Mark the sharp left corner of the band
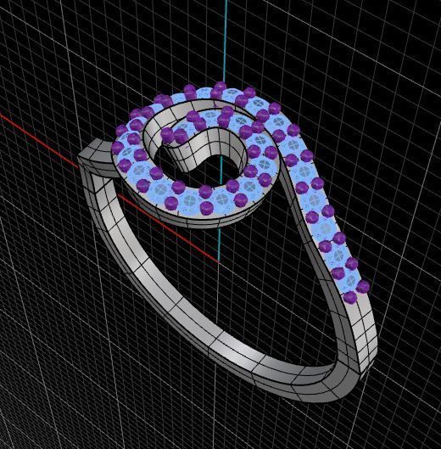pos(81,157)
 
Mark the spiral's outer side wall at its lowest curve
pos(195,217)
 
